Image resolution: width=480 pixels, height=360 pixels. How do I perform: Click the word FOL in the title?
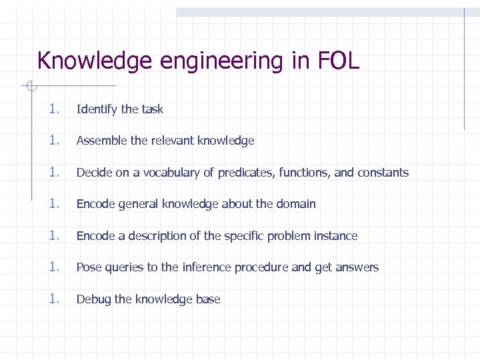coord(339,61)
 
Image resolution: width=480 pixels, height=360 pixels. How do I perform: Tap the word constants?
coord(383,173)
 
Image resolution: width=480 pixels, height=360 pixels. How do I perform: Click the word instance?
coord(336,236)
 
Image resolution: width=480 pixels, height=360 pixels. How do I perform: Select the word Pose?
coord(87,267)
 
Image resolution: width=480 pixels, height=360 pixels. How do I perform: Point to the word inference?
coord(206,267)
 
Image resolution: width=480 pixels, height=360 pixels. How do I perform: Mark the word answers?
coord(357,267)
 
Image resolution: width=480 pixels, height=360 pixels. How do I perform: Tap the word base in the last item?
coord(208,299)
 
